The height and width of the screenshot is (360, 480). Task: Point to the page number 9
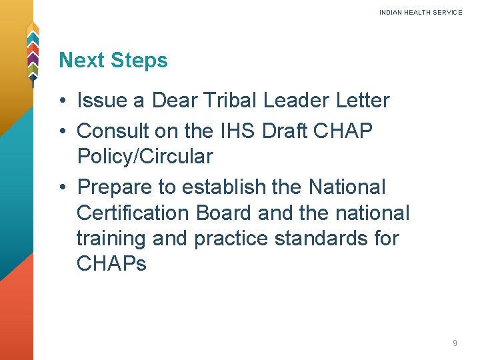pos(455,343)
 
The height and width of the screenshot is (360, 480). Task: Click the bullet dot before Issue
pos(61,101)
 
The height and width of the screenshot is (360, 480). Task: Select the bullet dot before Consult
pos(61,131)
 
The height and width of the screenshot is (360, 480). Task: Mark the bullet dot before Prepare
pos(61,188)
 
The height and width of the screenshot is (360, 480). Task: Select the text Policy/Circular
pos(145,157)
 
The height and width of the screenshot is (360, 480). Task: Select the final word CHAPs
pos(111,264)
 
